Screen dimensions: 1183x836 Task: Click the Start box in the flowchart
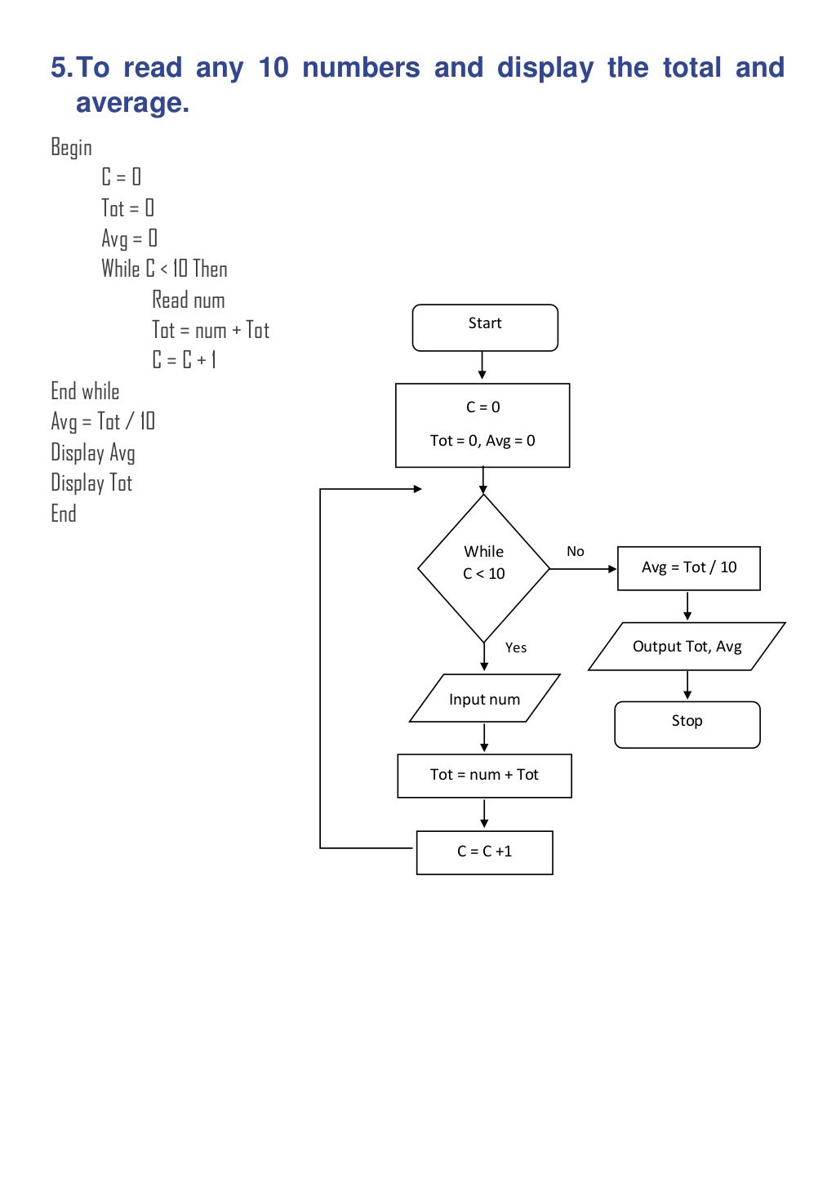point(485,327)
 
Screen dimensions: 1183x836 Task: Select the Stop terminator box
point(687,724)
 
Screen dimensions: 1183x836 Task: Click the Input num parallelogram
point(484,699)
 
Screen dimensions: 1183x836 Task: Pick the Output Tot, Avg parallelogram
point(687,647)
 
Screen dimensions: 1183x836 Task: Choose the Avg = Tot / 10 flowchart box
point(688,568)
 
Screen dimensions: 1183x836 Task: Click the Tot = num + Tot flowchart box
point(484,776)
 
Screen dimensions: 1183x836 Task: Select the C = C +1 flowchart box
point(484,852)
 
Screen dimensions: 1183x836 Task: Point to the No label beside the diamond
point(576,552)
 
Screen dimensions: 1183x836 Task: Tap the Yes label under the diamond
point(516,648)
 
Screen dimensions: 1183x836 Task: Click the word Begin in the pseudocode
point(71,148)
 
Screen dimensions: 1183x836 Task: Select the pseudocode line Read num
point(188,300)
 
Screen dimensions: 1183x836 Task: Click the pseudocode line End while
point(85,392)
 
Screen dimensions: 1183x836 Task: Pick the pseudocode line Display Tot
point(91,483)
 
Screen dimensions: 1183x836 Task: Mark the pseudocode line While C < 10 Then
point(164,269)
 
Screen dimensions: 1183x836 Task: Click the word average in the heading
point(132,103)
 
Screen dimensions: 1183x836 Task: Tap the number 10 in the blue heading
point(273,68)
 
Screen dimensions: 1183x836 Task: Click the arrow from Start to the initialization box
point(482,366)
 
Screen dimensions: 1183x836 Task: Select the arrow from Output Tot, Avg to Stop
point(687,686)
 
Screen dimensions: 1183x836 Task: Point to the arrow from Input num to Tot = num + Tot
point(484,737)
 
